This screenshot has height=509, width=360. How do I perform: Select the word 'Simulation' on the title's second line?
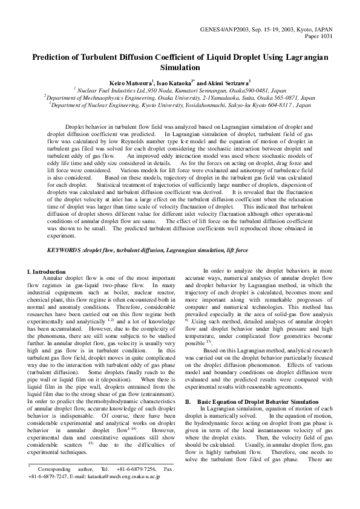[x=180, y=68]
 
